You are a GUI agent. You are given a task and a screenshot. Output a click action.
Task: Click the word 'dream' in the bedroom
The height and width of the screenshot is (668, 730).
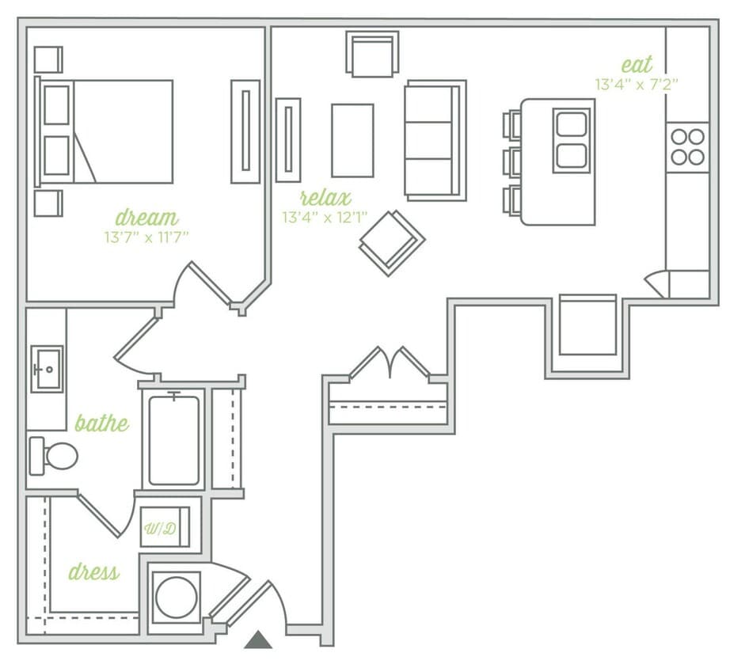146,217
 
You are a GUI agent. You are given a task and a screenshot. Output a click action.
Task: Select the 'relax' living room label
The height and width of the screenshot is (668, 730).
325,197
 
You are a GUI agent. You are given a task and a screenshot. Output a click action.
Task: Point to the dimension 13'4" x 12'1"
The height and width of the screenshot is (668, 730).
325,216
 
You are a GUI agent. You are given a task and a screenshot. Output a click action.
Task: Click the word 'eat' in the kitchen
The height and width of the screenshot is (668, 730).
637,64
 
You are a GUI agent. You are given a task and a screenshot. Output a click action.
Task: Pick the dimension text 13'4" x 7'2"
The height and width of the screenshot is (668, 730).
637,83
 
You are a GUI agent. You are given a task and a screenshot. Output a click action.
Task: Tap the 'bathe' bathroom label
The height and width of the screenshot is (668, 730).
101,423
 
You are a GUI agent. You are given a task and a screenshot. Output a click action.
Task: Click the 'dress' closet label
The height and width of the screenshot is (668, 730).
93,571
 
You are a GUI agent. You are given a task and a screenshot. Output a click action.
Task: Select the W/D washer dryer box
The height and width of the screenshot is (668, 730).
165,527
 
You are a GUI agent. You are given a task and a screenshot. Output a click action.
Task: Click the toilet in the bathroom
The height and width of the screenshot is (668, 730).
55,456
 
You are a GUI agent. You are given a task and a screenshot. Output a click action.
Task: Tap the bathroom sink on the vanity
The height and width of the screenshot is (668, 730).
47,369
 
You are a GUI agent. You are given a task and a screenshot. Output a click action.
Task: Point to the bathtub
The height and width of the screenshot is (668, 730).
174,440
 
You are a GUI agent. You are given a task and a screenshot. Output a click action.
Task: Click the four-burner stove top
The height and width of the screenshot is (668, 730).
686,146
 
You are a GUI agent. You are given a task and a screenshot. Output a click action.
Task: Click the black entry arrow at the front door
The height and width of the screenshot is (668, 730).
258,640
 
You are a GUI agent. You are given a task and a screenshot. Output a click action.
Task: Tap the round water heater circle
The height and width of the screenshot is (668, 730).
176,597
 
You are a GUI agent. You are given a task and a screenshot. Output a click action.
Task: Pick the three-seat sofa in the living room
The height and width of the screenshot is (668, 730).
434,140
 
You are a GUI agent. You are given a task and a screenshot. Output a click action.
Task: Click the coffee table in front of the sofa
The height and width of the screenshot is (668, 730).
352,140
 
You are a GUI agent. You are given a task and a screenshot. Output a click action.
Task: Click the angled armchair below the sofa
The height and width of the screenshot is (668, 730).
392,241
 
